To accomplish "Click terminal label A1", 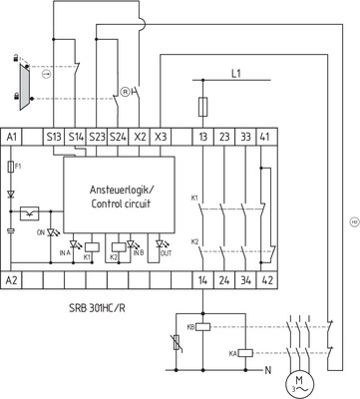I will pos(13,135).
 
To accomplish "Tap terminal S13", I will pos(54,135).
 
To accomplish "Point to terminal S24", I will pos(118,135).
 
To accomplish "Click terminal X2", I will pos(140,135).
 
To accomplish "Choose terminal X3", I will pos(162,135).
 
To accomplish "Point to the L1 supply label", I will pos(236,73).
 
